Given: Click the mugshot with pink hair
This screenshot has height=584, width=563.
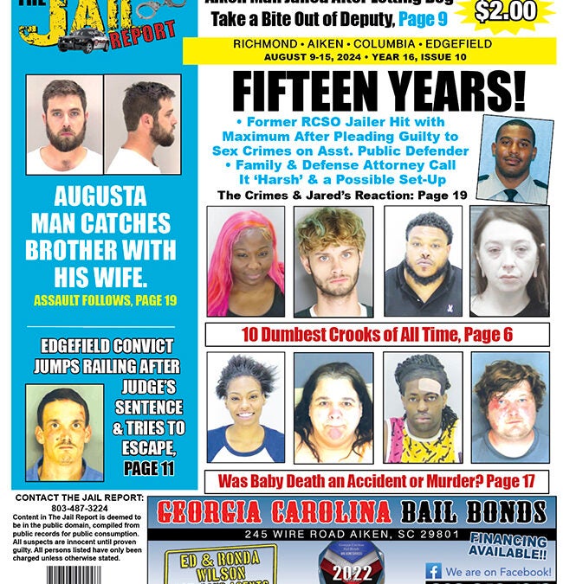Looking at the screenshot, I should tap(245, 260).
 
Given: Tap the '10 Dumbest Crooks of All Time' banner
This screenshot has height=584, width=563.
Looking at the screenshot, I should tap(376, 334).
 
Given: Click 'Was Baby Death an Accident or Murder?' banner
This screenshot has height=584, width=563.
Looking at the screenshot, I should tap(376, 480).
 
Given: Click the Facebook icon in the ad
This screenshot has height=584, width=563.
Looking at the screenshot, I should tap(433, 571).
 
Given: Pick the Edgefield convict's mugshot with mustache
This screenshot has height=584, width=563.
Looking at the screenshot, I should tap(63, 433).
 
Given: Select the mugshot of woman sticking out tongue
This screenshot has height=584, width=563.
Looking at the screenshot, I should tap(333, 407).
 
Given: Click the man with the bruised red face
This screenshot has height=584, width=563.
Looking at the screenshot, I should tap(509, 407).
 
